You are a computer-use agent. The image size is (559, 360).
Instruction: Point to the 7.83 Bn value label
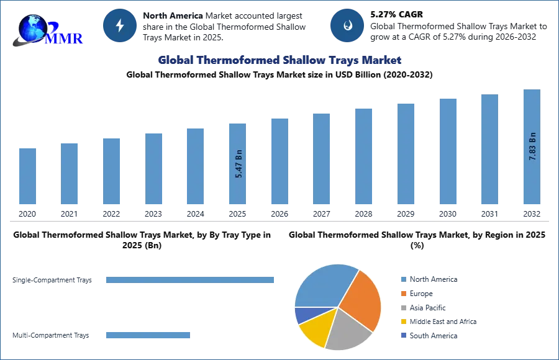point(532,146)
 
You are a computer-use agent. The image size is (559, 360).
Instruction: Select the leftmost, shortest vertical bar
point(27,176)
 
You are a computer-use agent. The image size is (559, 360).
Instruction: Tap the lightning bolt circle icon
point(120,25)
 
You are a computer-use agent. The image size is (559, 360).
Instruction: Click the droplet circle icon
point(347,25)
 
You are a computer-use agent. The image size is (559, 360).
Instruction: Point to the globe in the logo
point(32,28)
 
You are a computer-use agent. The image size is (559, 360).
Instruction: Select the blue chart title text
point(280,60)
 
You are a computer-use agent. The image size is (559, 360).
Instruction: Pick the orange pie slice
point(360,298)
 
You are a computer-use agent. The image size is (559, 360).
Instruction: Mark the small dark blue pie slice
point(301,315)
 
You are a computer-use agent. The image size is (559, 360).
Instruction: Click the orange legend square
point(402,293)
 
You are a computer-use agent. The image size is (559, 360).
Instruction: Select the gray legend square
point(402,308)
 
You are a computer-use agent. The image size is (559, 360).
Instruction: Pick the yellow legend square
point(402,322)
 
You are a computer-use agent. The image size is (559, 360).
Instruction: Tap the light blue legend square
point(402,279)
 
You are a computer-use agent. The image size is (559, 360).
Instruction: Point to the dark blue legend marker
point(402,336)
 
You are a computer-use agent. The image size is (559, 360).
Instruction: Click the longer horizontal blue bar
point(191,279)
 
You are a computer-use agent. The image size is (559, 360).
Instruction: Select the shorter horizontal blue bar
point(148,335)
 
